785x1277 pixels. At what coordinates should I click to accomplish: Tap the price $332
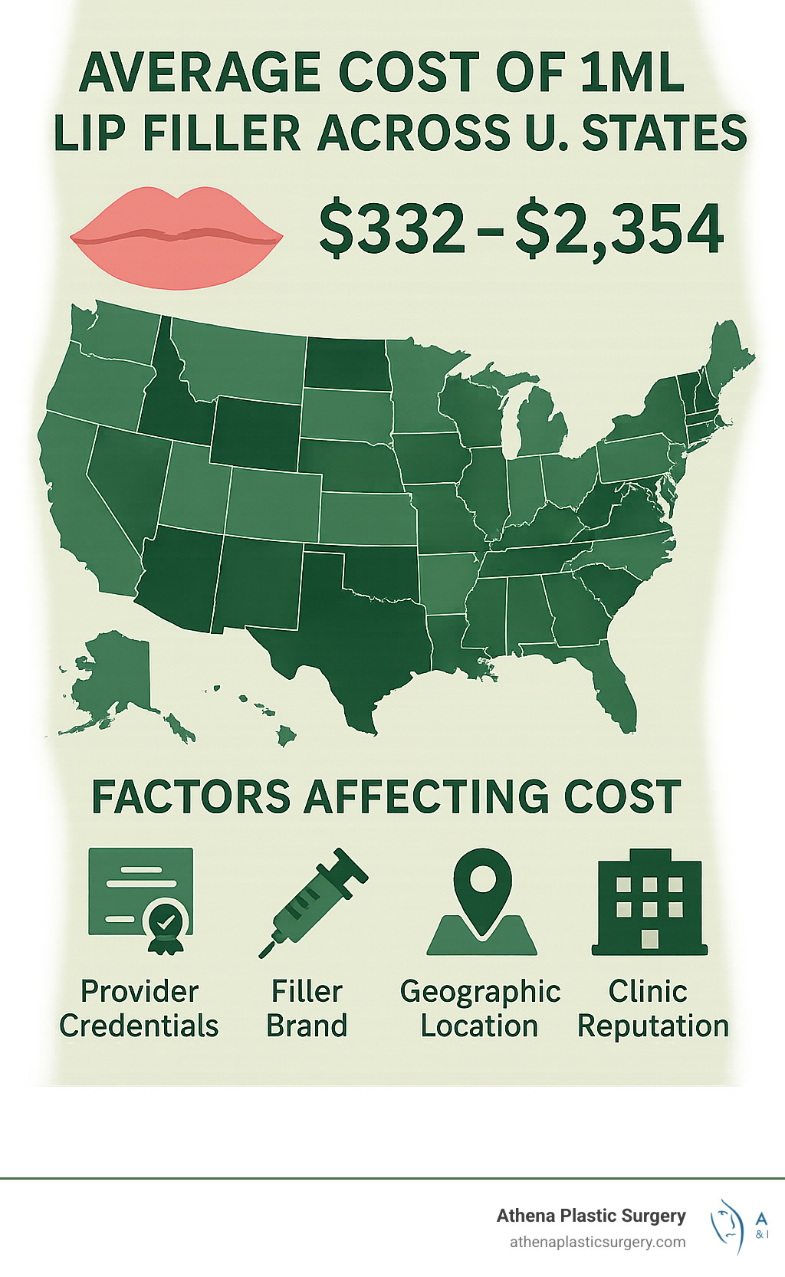391,228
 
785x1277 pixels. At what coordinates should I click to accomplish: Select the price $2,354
619,228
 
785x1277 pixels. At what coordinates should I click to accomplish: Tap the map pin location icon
481,900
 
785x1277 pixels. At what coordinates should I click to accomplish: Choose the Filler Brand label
307,1008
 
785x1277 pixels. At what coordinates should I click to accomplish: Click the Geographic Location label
480,1008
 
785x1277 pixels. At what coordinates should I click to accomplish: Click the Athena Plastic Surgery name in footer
590,1216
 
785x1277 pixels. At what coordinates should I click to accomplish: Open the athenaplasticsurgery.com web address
597,1242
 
